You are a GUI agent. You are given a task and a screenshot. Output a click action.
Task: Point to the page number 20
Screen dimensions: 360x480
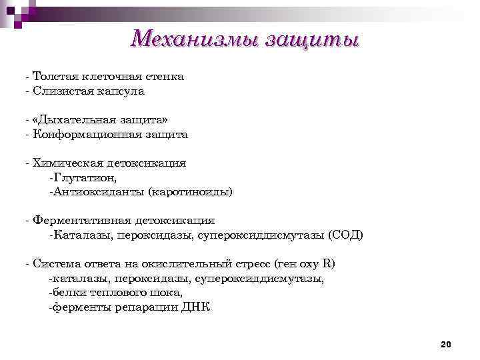(446, 344)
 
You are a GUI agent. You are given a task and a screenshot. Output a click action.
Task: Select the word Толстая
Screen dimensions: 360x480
(54, 77)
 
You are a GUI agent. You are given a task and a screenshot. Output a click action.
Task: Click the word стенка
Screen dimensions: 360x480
(164, 77)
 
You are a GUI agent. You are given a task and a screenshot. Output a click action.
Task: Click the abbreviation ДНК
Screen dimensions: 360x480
(196, 307)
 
